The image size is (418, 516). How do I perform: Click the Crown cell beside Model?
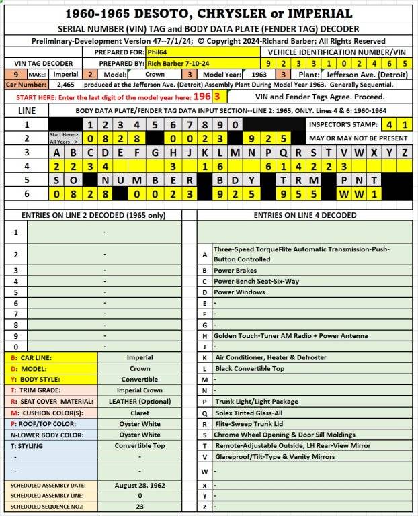coord(155,75)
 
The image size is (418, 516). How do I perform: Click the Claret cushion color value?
coord(140,413)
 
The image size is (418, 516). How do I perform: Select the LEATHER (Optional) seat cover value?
coord(140,401)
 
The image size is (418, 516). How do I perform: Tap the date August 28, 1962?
coord(140,485)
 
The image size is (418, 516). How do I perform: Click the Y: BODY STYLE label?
coord(31,379)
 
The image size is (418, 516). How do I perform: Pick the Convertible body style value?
coord(140,379)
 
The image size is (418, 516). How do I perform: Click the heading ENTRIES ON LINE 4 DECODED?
coord(304,215)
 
